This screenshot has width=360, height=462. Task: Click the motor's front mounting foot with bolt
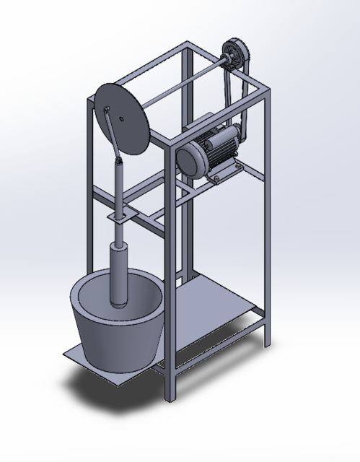(x=216, y=178)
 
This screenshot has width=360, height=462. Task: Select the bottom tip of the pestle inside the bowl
(x=118, y=303)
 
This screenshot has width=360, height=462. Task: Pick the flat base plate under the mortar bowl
(x=79, y=357)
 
